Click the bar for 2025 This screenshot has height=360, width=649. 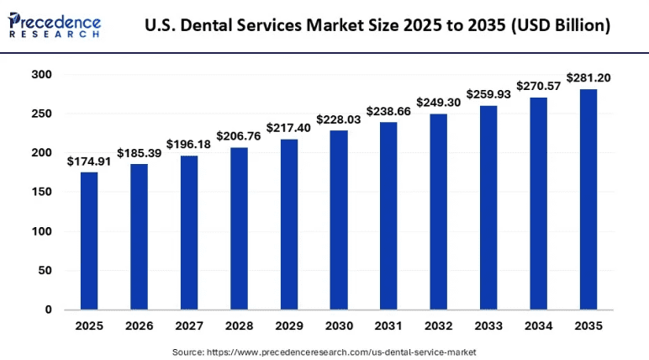(x=89, y=241)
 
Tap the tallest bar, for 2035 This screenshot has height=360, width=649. (x=588, y=199)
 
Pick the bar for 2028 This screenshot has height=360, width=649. (x=239, y=228)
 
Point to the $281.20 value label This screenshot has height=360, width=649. (x=588, y=78)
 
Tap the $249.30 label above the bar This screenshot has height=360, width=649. (x=439, y=103)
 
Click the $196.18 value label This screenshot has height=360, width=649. (x=188, y=145)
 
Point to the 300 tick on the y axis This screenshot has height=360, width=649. (x=42, y=75)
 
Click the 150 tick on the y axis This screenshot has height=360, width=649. (x=42, y=192)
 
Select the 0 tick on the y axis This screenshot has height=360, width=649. (x=48, y=310)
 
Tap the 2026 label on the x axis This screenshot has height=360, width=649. (x=139, y=326)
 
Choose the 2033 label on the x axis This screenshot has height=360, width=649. (x=488, y=326)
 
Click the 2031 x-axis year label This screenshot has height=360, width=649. (x=388, y=326)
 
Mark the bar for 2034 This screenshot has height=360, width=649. (x=538, y=204)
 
